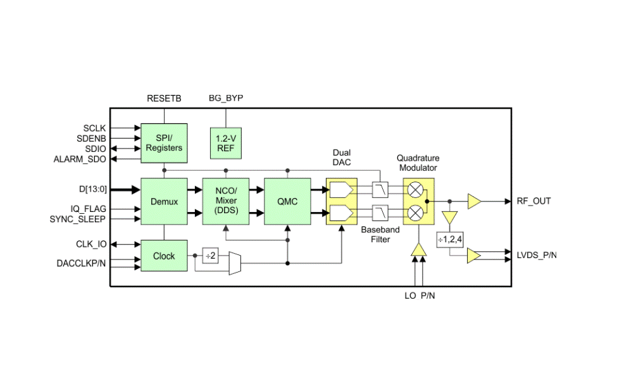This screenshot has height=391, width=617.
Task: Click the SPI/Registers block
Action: click(164, 143)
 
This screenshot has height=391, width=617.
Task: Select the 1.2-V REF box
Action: click(226, 143)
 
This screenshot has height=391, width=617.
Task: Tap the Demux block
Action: click(164, 201)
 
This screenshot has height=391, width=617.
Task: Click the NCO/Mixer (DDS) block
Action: click(226, 201)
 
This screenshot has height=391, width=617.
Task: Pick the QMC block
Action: click(287, 201)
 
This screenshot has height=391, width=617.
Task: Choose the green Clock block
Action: click(164, 256)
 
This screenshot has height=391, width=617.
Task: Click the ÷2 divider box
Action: click(211, 256)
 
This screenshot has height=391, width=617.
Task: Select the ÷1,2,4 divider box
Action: click(450, 240)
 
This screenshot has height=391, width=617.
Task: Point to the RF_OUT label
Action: click(533, 201)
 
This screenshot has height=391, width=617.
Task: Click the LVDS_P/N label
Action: click(537, 256)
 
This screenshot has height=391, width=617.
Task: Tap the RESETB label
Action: click(164, 98)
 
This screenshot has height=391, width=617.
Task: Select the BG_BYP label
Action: click(226, 98)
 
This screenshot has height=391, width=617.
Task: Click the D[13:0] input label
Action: click(93, 189)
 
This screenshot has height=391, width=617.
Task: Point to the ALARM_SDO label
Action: click(80, 159)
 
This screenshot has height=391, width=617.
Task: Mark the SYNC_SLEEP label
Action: click(77, 219)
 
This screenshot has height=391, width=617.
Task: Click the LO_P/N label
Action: click(420, 296)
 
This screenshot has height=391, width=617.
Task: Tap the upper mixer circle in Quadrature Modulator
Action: click(415, 190)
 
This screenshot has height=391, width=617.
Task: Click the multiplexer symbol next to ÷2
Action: click(235, 263)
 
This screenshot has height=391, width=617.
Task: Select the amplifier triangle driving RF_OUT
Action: click(475, 201)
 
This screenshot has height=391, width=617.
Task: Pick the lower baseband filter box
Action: click(380, 213)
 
